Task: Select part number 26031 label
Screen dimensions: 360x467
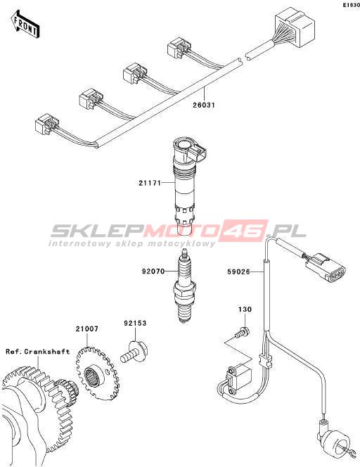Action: pos(204,105)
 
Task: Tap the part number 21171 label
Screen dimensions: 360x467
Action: pos(150,183)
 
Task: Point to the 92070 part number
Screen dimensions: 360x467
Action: pos(153,271)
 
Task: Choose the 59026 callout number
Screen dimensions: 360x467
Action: pos(238,271)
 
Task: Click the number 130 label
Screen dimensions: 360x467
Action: pos(245,309)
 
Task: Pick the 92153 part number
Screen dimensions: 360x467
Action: pos(136,323)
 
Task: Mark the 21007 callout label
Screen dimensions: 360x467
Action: pos(86,329)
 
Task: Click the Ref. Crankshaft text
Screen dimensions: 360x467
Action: pos(38,352)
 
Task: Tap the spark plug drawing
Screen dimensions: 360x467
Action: pos(185,286)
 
